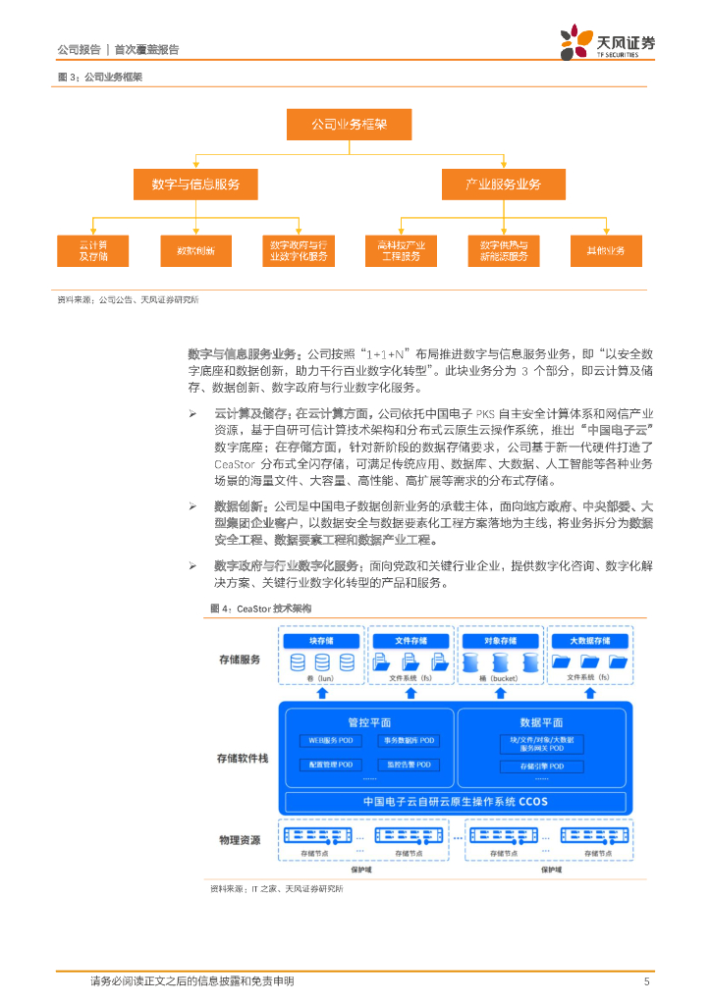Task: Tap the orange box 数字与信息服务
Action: point(196,184)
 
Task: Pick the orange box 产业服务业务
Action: point(503,184)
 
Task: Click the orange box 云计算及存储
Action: point(93,250)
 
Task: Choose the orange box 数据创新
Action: point(196,250)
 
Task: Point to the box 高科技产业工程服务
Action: point(401,250)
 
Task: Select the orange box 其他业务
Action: point(606,250)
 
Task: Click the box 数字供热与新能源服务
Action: point(503,250)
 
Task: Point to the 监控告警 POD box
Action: point(408,764)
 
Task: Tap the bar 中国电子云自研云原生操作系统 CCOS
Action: point(456,801)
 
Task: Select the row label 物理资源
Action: point(240,839)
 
